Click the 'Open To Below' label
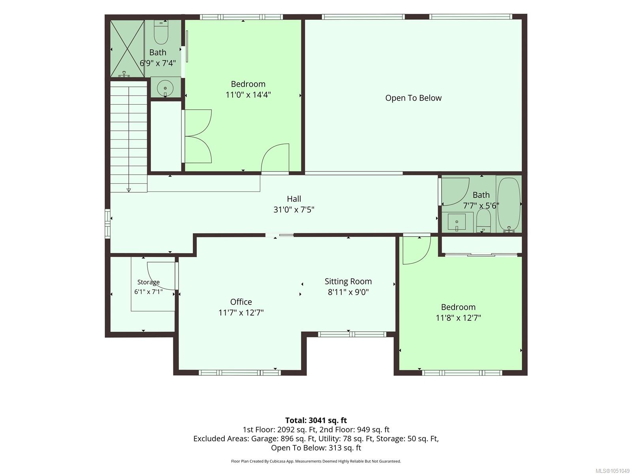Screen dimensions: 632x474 pos(413,98)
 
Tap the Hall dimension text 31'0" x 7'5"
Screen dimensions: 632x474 pos(294,209)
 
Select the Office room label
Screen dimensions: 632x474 pos(241,302)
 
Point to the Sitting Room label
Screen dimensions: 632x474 pos(348,281)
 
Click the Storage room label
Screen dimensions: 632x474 pos(148,282)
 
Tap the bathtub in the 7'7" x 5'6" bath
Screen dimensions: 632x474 pos(509,205)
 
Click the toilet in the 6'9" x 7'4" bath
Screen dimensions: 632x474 pos(161,32)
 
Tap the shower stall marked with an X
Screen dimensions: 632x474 pos(127,49)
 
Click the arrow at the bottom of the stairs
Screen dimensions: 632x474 pos(129,190)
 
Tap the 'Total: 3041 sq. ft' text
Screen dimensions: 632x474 pos(316,420)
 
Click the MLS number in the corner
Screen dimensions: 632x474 pos(612,471)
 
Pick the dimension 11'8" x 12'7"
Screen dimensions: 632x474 pos(458,318)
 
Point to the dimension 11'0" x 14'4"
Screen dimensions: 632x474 pos(248,95)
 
